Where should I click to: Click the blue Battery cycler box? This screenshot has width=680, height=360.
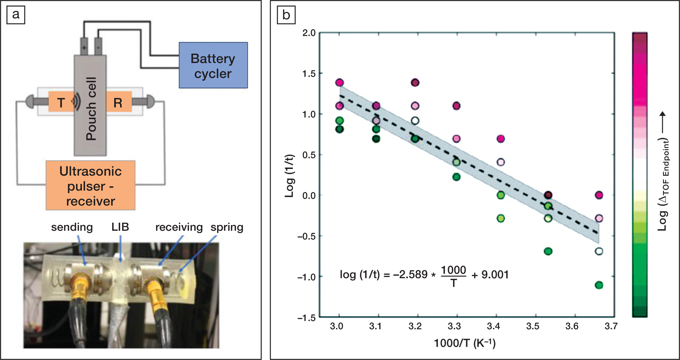(213, 65)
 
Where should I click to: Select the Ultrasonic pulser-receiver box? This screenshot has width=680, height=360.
(91, 186)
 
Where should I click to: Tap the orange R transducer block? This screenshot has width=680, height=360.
(118, 103)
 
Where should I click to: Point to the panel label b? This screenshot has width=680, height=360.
(286, 15)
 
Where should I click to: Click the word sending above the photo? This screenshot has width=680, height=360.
(72, 227)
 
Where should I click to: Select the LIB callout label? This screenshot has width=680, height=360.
(120, 227)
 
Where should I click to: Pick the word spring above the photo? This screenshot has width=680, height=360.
(227, 227)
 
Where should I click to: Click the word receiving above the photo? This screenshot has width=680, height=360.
(179, 227)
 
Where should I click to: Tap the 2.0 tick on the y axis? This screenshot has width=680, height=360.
(309, 33)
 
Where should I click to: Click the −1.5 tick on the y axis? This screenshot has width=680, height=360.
(307, 317)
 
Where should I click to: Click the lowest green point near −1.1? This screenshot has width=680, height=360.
(598, 285)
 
